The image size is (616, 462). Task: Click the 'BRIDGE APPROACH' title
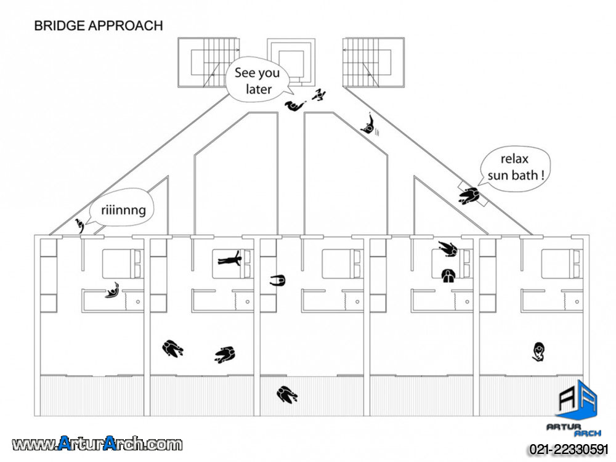(x=98, y=26)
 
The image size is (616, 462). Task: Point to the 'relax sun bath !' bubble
(x=516, y=167)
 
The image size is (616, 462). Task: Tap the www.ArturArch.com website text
(x=97, y=444)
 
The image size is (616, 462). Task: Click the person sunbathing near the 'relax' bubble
(x=470, y=196)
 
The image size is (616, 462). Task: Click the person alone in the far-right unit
(x=540, y=352)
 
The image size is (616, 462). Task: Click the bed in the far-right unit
(x=561, y=264)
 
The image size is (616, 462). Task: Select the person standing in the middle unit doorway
(x=278, y=281)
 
